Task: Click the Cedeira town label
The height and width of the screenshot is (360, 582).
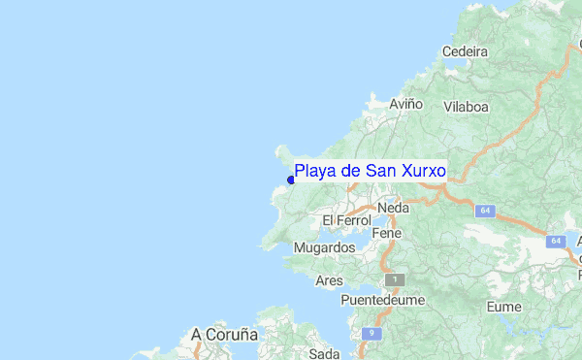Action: pyautogui.click(x=464, y=51)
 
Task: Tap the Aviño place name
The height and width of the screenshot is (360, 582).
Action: pyautogui.click(x=406, y=103)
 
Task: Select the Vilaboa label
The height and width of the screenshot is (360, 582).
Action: pyautogui.click(x=465, y=107)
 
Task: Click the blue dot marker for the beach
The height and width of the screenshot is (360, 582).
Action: pyautogui.click(x=291, y=180)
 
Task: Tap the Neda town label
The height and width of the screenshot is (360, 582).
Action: pyautogui.click(x=394, y=208)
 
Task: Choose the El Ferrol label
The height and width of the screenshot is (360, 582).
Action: pyautogui.click(x=346, y=221)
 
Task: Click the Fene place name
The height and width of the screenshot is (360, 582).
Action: pyautogui.click(x=387, y=234)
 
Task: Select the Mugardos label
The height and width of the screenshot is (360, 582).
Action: pyautogui.click(x=324, y=248)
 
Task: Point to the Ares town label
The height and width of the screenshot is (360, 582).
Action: pyautogui.click(x=330, y=280)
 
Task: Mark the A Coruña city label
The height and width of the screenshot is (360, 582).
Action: pyautogui.click(x=224, y=334)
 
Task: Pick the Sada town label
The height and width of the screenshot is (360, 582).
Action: pyautogui.click(x=326, y=352)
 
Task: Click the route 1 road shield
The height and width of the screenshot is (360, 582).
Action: pyautogui.click(x=394, y=279)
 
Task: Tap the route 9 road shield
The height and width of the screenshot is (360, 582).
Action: pyautogui.click(x=372, y=334)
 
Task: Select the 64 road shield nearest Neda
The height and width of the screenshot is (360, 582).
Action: pyautogui.click(x=484, y=210)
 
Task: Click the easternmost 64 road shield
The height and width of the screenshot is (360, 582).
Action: pyautogui.click(x=555, y=241)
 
